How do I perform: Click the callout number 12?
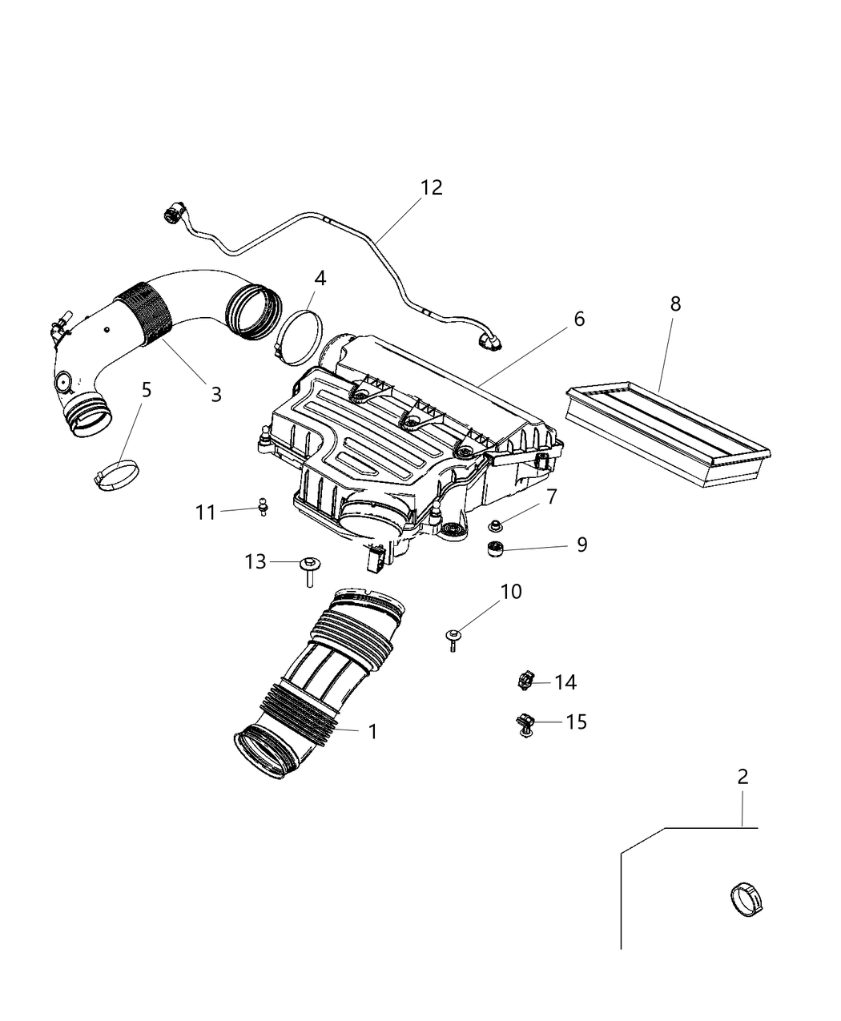(x=431, y=187)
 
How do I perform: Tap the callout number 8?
(x=675, y=303)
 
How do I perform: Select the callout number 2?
(x=742, y=776)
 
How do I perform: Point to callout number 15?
(x=576, y=722)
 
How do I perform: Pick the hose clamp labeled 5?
(x=117, y=475)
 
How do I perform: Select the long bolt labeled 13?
(x=308, y=570)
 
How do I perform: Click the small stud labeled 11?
(x=263, y=507)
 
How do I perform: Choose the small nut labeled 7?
(x=496, y=525)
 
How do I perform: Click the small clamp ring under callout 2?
(x=746, y=898)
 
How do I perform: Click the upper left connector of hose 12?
(x=171, y=215)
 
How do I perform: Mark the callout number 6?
(x=579, y=319)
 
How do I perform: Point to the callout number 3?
(x=215, y=394)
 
